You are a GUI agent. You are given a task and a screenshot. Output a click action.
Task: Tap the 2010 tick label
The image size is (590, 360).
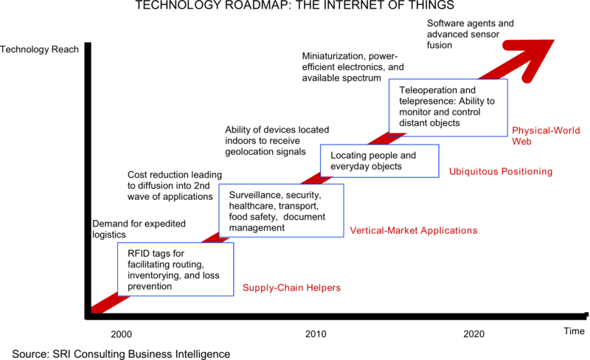316,333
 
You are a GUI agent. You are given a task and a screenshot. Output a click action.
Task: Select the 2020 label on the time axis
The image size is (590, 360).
475,333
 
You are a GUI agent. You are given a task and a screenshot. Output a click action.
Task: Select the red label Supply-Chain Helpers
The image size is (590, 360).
292,287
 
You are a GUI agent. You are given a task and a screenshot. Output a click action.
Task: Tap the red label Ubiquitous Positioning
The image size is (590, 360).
501,172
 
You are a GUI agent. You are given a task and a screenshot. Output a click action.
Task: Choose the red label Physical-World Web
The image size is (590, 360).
544,134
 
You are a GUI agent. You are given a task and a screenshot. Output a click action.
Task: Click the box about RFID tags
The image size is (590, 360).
176,269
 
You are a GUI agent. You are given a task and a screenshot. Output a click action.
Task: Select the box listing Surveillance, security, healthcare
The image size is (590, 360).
282,210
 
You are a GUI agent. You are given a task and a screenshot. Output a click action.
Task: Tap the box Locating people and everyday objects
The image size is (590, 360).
380,162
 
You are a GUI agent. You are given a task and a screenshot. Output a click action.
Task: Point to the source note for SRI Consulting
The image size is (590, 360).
121,353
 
